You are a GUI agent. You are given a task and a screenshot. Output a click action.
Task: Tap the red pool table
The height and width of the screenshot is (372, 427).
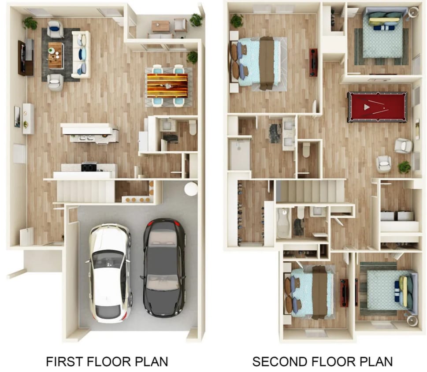click(x=377, y=106)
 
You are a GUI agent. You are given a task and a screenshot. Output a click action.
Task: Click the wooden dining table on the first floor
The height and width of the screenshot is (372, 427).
click(x=167, y=85)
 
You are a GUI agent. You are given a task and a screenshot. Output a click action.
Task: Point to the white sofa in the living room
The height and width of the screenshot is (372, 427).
click(x=81, y=54)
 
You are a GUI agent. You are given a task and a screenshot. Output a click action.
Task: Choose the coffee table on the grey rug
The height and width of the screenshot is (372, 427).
click(x=56, y=55)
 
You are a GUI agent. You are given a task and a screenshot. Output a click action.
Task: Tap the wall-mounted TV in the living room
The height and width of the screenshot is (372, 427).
click(x=22, y=58)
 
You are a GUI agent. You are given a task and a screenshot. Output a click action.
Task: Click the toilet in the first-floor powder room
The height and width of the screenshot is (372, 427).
click(x=193, y=127)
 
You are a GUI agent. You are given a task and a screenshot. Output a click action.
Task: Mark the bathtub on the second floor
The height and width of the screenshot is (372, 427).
click(x=284, y=223)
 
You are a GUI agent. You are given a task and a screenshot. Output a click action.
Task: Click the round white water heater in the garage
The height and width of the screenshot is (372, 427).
click(x=191, y=189)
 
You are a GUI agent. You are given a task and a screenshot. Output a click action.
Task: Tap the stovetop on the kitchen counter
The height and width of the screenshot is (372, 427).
click(x=89, y=166)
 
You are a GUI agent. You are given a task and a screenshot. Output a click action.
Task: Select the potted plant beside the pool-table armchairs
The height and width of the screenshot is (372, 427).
click(x=404, y=167)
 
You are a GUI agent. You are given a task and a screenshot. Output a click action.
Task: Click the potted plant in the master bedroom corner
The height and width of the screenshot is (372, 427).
click(x=237, y=20)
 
